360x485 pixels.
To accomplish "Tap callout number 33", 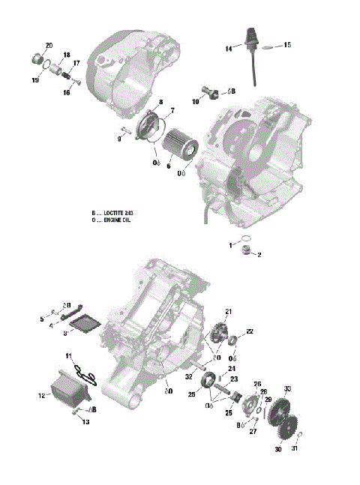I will click(x=287, y=388).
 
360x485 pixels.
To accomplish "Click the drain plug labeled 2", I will click(x=243, y=252).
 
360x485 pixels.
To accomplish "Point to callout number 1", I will click(x=231, y=246).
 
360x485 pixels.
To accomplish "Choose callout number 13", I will click(x=85, y=422).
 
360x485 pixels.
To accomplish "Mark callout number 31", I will click(x=294, y=449).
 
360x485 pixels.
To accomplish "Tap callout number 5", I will click(x=42, y=320).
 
